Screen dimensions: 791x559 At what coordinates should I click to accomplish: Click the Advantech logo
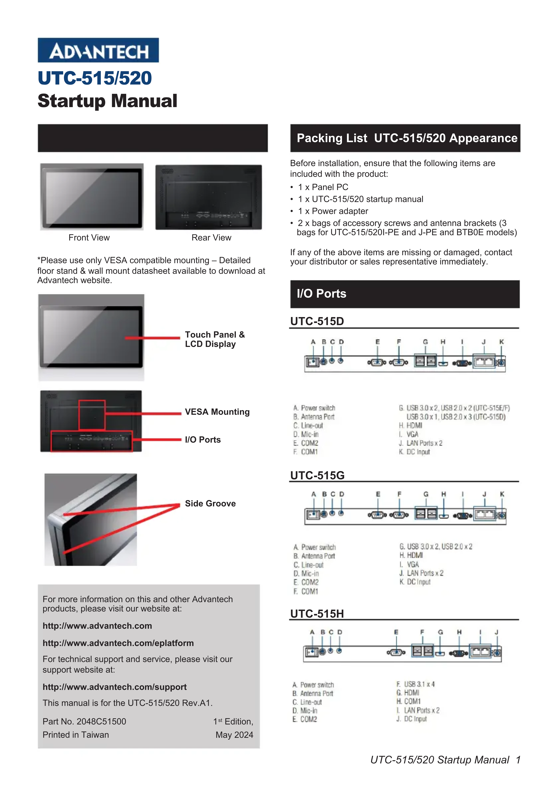point(98,50)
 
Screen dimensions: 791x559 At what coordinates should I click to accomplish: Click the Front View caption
point(89,238)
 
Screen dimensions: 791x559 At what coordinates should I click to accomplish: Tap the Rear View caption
point(211,238)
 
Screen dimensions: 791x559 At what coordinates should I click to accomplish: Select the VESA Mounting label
point(217,412)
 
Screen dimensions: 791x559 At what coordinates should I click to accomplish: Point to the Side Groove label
point(210,504)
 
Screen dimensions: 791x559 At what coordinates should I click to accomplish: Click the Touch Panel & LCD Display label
point(215,339)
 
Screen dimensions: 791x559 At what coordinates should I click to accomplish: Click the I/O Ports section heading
point(321,294)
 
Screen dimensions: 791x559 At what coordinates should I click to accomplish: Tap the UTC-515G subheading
point(317,475)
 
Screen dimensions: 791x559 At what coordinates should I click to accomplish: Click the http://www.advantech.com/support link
point(114,687)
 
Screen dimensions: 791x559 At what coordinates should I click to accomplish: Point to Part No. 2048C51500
point(85,721)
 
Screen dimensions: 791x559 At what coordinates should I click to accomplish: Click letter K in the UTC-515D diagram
point(502,342)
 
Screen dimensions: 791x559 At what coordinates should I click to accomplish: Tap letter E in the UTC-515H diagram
point(396,632)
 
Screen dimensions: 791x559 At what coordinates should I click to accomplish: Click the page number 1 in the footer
point(518,760)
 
